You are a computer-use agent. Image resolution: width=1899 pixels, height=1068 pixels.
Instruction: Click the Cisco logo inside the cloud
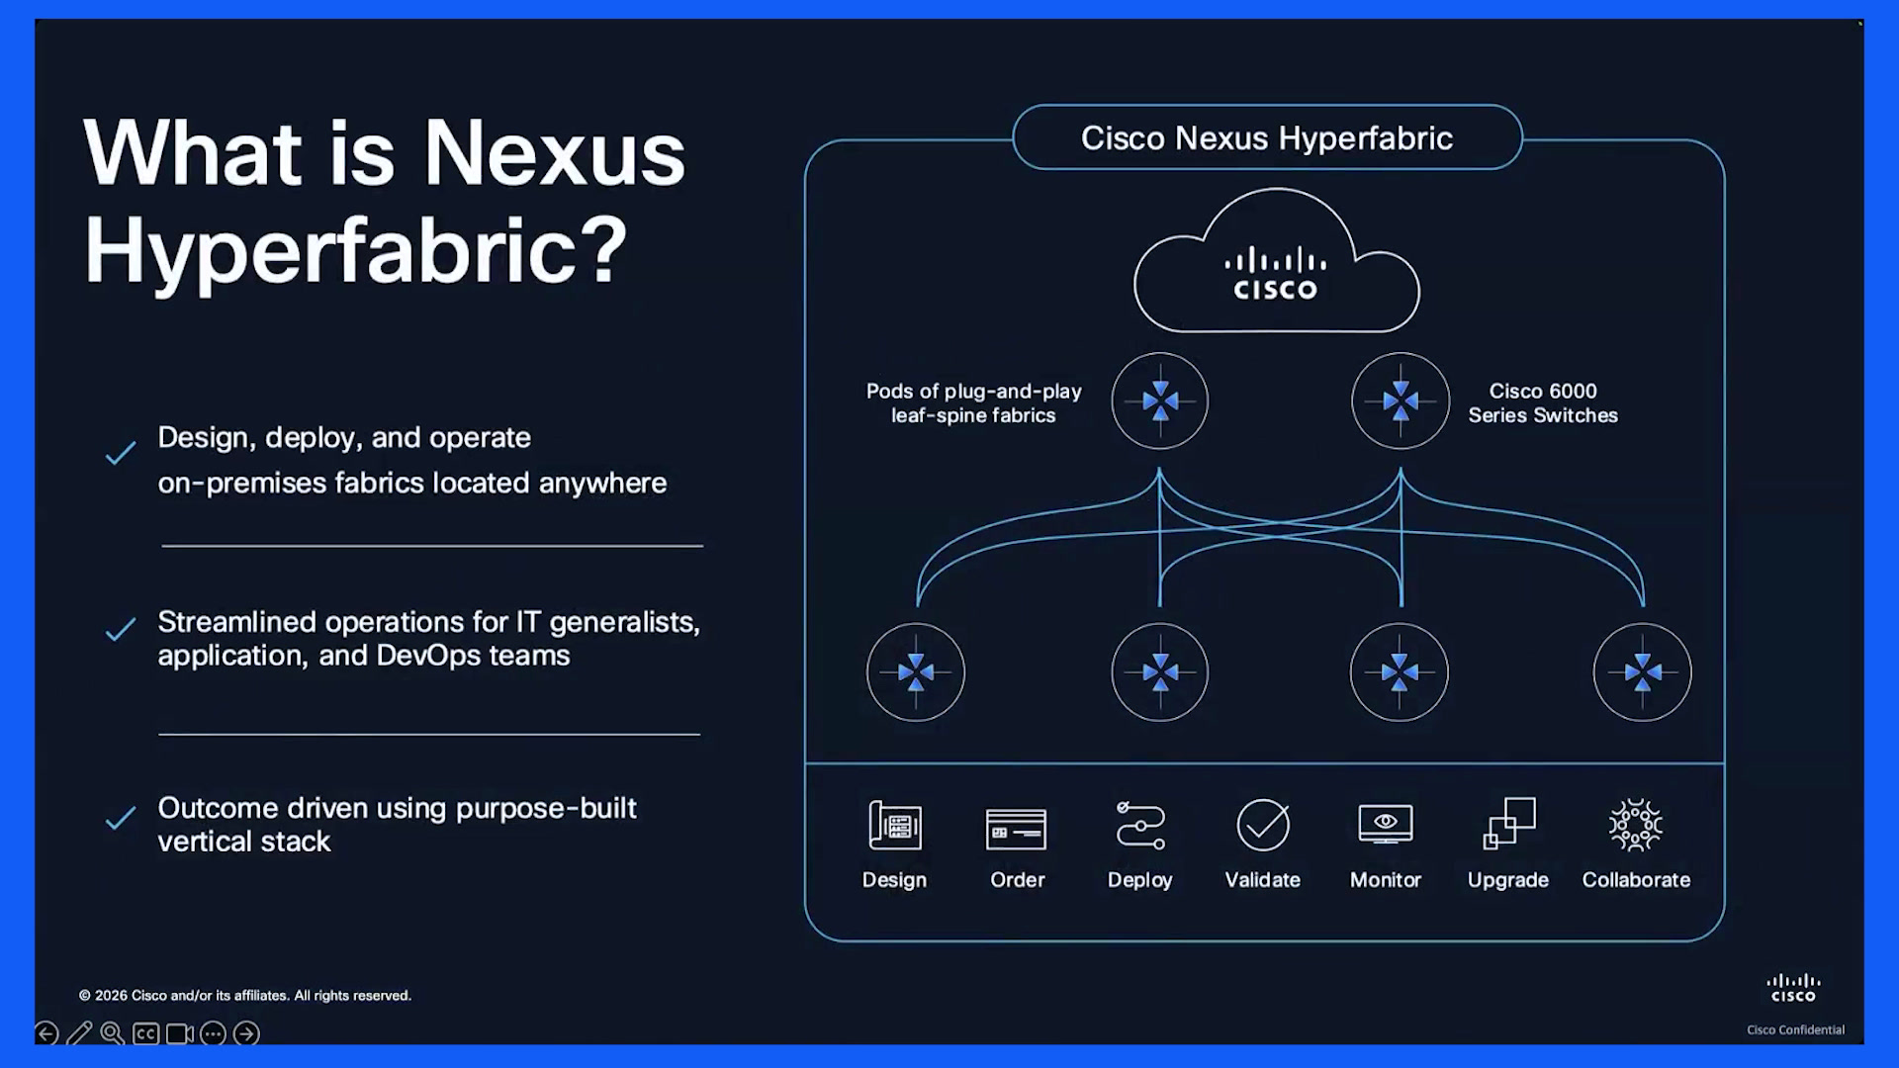[x=1276, y=273]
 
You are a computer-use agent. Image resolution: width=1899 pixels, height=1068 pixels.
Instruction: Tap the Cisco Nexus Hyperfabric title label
[x=1267, y=138]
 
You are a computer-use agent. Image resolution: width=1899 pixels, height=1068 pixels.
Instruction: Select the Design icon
[x=895, y=825]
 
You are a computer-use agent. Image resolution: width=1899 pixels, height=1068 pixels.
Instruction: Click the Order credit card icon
[x=1016, y=829]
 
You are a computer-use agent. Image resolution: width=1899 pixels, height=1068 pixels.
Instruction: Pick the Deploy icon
[x=1140, y=825]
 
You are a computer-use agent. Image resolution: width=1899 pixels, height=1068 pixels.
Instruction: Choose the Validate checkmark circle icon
[x=1263, y=825]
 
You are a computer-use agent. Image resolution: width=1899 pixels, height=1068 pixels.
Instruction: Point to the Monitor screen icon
[x=1386, y=824]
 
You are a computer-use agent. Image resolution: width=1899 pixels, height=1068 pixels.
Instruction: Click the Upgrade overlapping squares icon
[x=1509, y=823]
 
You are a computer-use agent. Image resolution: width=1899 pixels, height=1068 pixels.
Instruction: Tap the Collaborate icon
[x=1636, y=825]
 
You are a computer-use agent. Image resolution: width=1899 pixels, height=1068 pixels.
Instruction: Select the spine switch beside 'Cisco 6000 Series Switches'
[x=1401, y=400]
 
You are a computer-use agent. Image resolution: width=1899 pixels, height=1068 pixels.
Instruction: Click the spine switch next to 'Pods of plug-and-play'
[x=1160, y=400]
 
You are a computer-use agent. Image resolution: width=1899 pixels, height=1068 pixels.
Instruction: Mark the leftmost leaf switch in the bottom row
[x=916, y=672]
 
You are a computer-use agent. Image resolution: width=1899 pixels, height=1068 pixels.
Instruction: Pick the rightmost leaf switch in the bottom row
[x=1643, y=672]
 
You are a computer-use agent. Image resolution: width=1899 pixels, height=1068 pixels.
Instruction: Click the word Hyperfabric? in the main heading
[x=356, y=251]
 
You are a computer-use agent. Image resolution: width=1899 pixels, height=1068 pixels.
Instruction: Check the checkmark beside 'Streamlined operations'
[x=121, y=630]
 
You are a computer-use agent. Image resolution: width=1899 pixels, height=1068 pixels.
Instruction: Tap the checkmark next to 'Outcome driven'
[x=121, y=818]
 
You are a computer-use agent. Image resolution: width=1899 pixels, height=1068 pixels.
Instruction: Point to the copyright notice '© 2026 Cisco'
[x=245, y=996]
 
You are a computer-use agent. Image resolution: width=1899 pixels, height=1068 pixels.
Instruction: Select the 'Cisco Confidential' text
[x=1795, y=1029]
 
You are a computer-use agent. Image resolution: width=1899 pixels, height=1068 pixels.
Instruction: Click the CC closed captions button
[x=145, y=1034]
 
